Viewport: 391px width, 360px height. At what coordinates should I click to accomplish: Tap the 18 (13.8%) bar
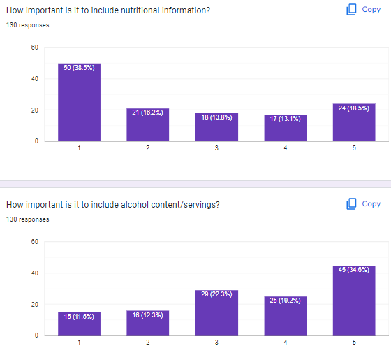tap(216, 127)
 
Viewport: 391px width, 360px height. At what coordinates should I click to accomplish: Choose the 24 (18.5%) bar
tap(354, 122)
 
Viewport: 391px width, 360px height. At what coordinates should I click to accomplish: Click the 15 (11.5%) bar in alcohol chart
tap(79, 323)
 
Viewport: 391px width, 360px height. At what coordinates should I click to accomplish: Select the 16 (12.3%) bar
tap(147, 322)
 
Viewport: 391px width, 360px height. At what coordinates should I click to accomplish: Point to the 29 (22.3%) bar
tap(216, 312)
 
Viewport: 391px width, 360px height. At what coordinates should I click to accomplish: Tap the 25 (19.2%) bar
tap(285, 315)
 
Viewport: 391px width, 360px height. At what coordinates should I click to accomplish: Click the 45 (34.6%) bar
tap(354, 300)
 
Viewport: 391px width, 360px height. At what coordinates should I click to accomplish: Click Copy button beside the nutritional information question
tap(364, 10)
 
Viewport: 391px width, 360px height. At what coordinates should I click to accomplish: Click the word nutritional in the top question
tap(116, 10)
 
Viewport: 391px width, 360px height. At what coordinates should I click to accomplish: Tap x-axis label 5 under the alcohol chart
tap(354, 342)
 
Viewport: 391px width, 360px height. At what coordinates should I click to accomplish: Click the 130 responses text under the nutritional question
tap(28, 25)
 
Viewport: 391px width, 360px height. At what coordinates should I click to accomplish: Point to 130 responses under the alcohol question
tap(28, 219)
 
